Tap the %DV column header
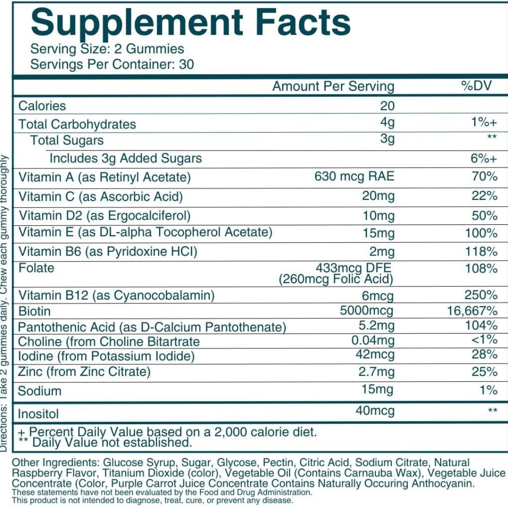coord(476,87)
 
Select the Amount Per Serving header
coord(333,87)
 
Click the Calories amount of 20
coord(387,106)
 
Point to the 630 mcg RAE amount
coord(354,177)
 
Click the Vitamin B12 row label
coord(116,295)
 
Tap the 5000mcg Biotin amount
coord(366,311)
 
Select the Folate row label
coord(36,268)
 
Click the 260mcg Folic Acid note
coord(336,279)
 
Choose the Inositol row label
coord(38,414)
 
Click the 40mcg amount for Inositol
coord(375,411)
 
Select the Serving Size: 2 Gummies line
coord(107,49)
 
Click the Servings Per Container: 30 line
coord(112,64)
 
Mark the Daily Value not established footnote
coord(106,443)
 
